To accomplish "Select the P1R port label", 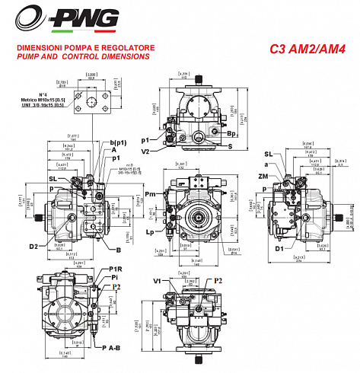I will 116,269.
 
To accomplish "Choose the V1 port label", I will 157,281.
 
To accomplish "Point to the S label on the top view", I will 231,145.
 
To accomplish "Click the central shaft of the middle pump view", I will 199,215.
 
